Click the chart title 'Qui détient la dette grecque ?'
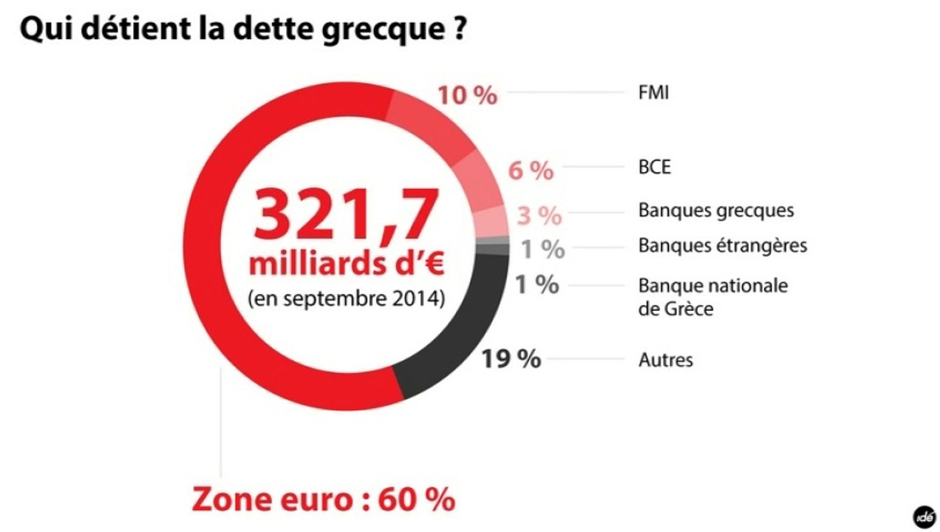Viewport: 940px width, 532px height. pyautogui.click(x=243, y=32)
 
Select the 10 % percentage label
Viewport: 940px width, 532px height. pyautogui.click(x=467, y=95)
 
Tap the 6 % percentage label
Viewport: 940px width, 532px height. pyautogui.click(x=531, y=171)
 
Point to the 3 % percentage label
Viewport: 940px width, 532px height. pyautogui.click(x=539, y=216)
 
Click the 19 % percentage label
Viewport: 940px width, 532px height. pyautogui.click(x=511, y=359)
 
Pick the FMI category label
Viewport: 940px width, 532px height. pyautogui.click(x=653, y=94)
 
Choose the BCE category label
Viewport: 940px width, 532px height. pyautogui.click(x=655, y=167)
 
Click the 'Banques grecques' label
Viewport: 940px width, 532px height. pyautogui.click(x=716, y=211)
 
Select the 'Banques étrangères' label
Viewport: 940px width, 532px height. pyautogui.click(x=723, y=245)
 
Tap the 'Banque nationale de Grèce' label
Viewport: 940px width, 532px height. pyautogui.click(x=713, y=296)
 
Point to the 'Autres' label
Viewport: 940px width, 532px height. pyautogui.click(x=666, y=361)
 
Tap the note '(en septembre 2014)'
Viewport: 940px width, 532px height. pyautogui.click(x=347, y=300)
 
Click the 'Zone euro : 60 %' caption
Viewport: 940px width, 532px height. pyautogui.click(x=324, y=499)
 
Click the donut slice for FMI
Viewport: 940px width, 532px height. pyautogui.click(x=436, y=124)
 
